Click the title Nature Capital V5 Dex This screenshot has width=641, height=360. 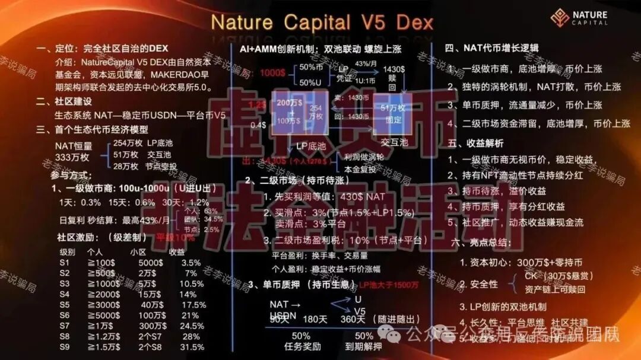pyautogui.click(x=322, y=23)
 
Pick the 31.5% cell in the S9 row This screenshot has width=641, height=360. pyautogui.click(x=192, y=348)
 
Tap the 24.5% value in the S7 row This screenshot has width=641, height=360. pyautogui.click(x=192, y=326)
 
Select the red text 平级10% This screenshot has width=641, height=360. pyautogui.click(x=175, y=237)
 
